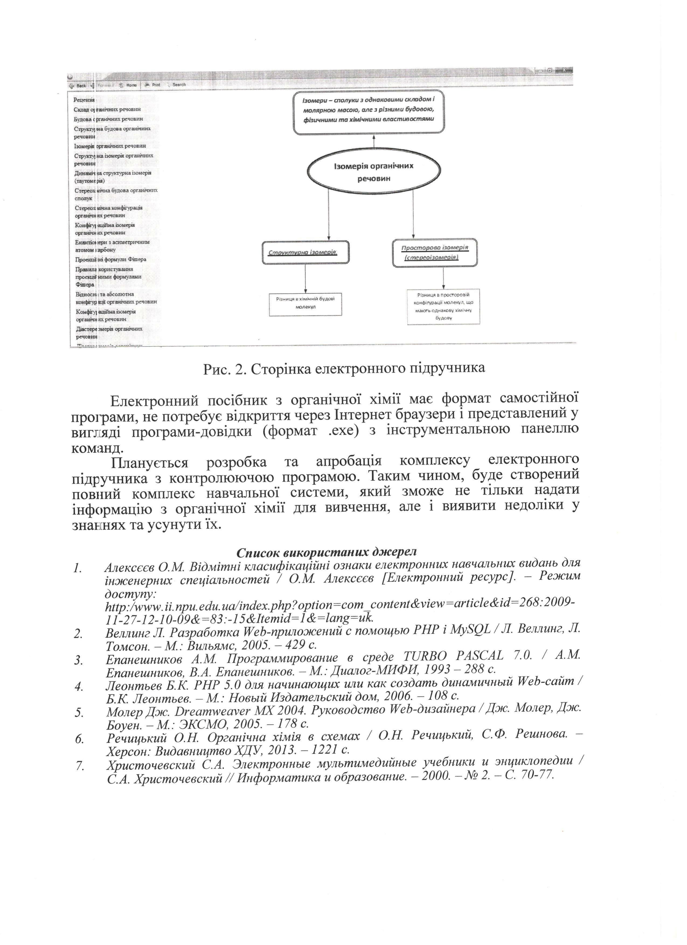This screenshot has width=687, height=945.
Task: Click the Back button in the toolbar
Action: pos(78,85)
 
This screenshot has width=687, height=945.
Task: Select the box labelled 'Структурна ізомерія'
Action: pos(306,252)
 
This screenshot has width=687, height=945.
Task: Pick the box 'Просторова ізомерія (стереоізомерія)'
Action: pos(435,252)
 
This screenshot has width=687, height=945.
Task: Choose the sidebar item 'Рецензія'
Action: pos(84,100)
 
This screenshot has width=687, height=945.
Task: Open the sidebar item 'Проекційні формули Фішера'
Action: pos(111,259)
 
